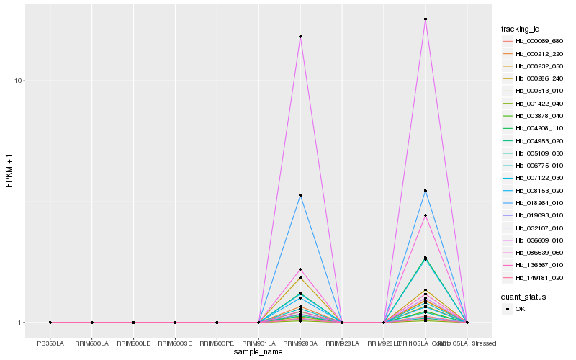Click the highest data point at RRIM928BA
click(300, 37)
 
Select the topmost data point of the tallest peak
click(426, 19)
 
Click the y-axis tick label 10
click(19, 81)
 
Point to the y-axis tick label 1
click(22, 323)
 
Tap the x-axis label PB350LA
click(50, 343)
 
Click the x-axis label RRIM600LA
click(91, 343)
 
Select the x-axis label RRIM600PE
click(217, 343)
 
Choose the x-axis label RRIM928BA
click(300, 343)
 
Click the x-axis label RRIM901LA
click(258, 343)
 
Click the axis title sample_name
click(258, 352)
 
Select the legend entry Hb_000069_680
click(539, 41)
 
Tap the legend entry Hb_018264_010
click(539, 203)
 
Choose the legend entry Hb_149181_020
click(539, 277)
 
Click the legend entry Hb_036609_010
click(539, 240)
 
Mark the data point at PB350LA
click(50, 323)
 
